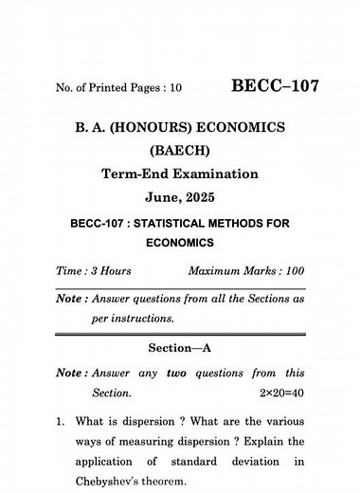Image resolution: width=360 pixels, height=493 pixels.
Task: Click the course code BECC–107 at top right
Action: coord(275,87)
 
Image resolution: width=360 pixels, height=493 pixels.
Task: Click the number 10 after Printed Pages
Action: coord(171,89)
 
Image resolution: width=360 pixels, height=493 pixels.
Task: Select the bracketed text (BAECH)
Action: coord(180,151)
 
